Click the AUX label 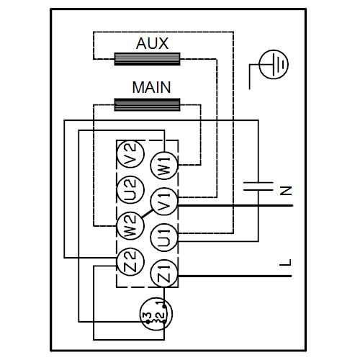tap(152, 43)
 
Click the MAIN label tap(151, 87)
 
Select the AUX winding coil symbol tap(147, 59)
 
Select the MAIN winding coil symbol tap(147, 104)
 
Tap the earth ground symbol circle tap(274, 64)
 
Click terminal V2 tap(130, 154)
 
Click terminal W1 tap(164, 166)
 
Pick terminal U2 tap(130, 190)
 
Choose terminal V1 tap(164, 201)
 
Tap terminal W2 tap(130, 225)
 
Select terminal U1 tap(164, 238)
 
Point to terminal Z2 tap(130, 261)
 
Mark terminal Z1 tap(164, 273)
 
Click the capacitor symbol tap(258, 186)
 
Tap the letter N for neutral tap(286, 191)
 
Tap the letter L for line tap(286, 262)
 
